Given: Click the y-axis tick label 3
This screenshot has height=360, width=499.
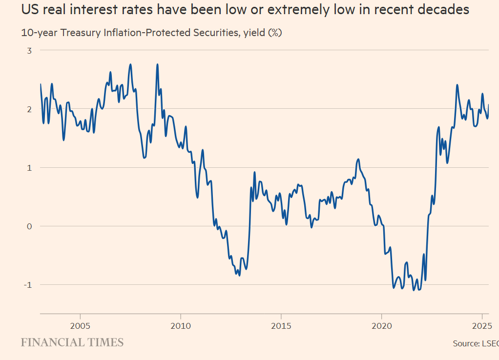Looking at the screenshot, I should (x=29, y=50).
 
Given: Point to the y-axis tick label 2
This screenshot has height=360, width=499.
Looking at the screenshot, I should (x=29, y=109).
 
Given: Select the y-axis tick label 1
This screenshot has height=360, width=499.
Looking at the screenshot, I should (x=29, y=167).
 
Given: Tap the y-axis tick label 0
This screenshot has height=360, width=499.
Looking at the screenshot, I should (x=29, y=226).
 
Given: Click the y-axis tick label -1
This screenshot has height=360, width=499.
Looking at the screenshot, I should (x=27, y=284).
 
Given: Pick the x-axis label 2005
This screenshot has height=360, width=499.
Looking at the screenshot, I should (x=80, y=325).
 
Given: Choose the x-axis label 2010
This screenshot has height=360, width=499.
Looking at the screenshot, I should (x=180, y=325).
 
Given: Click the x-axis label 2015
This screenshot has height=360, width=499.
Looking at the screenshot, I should (x=281, y=325).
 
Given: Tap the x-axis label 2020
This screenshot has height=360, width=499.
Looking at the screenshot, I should (x=381, y=325).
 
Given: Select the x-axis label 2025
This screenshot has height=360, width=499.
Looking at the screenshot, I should (x=482, y=325).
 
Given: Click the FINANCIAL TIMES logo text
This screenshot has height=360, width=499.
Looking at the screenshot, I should (x=72, y=342).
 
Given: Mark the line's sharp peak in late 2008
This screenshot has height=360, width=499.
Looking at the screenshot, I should (x=157, y=64).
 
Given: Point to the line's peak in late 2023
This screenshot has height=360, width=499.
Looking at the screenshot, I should (x=457, y=85).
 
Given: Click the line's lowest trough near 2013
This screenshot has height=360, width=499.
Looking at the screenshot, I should (x=239, y=276).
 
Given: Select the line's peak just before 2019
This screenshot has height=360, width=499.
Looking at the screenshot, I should (x=358, y=159).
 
